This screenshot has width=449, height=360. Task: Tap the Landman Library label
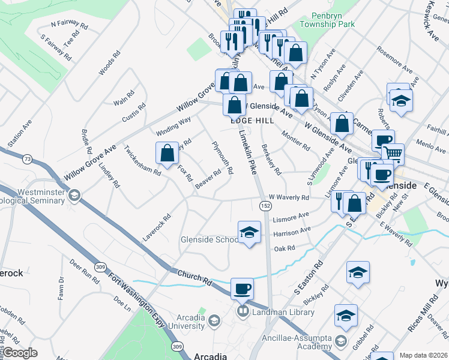tap(283, 311)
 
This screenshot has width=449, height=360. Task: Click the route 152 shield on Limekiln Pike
tap(265, 205)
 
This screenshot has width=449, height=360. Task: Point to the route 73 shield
tap(26, 158)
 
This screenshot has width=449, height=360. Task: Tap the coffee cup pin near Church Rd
tap(242, 289)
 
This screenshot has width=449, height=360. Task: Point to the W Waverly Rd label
tap(289, 197)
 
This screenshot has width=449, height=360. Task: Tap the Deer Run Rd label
tap(84, 271)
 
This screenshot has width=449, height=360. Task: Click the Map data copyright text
tap(424, 355)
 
